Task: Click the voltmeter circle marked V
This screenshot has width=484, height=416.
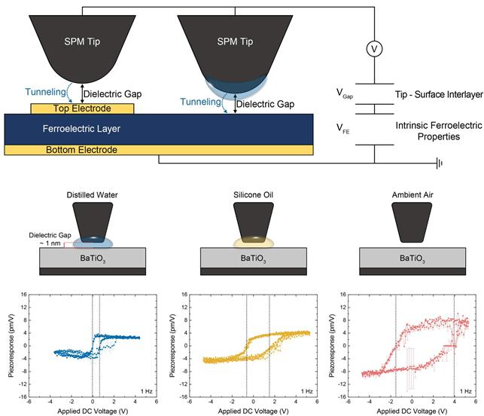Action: pyautogui.click(x=374, y=49)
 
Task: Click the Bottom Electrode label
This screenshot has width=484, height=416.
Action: pyautogui.click(x=83, y=149)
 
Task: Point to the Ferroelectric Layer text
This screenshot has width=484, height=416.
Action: pyautogui.click(x=72, y=129)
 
